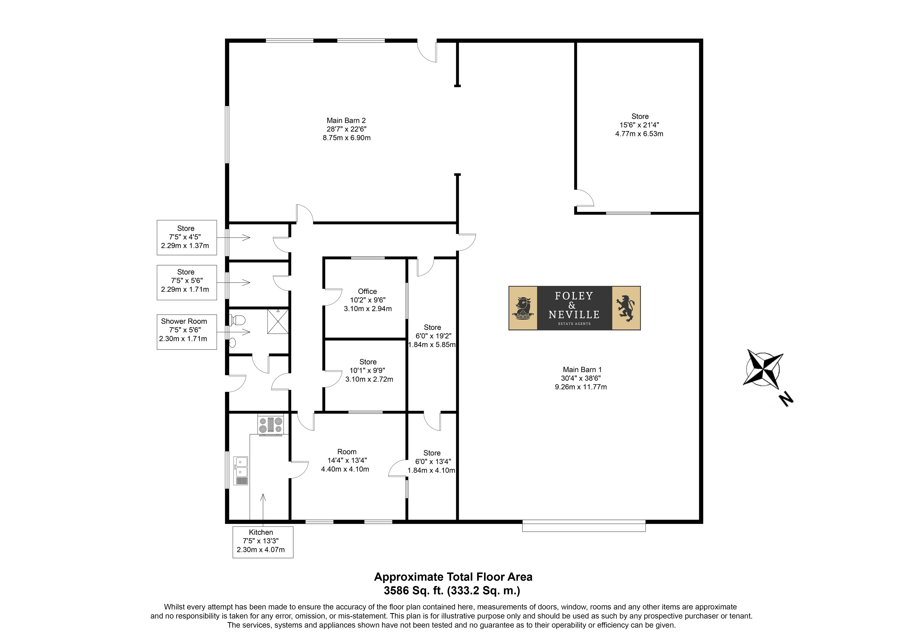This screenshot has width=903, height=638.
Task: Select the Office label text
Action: tap(367, 292)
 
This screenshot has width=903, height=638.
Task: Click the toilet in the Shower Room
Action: tap(237, 320)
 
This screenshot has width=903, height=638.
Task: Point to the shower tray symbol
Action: tap(278, 321)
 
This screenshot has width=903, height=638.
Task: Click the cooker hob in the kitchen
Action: tap(271, 425)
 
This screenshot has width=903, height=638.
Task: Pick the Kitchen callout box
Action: tap(263, 542)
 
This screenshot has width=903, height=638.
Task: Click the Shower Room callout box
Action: tap(187, 332)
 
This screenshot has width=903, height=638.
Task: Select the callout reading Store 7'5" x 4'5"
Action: tap(187, 238)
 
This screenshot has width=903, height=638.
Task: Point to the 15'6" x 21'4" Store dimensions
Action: tap(639, 125)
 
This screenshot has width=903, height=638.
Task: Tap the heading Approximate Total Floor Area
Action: tap(453, 577)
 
